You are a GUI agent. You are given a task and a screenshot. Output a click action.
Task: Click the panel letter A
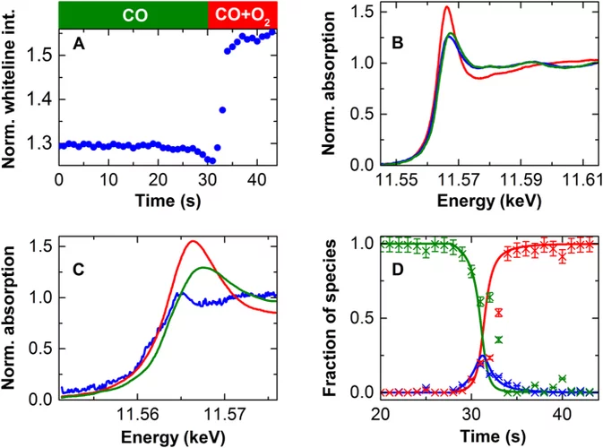[78, 47]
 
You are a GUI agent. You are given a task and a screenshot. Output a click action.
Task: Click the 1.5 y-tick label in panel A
[39, 56]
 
